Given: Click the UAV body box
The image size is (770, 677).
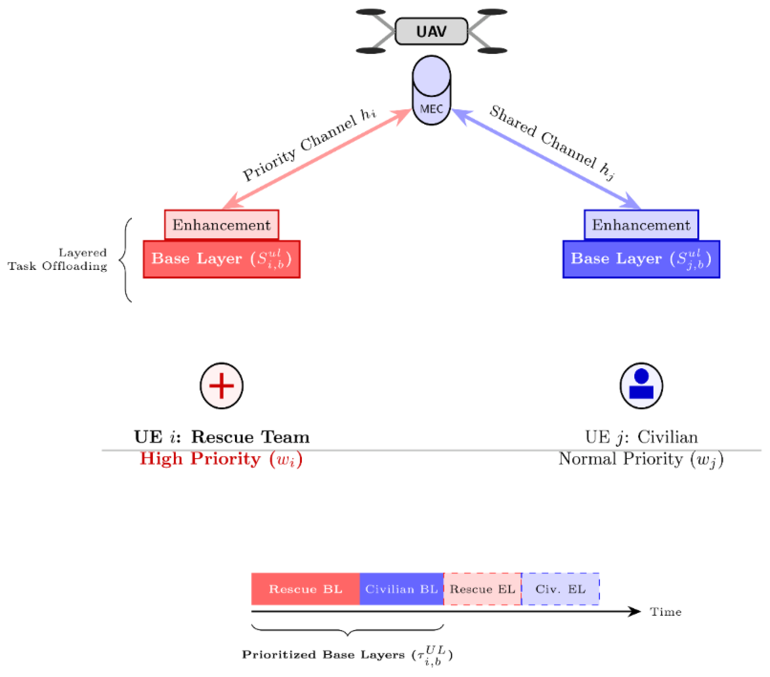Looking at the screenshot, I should [431, 31].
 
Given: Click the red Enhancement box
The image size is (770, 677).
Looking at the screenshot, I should [222, 225].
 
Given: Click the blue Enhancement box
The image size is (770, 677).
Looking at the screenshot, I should [641, 225].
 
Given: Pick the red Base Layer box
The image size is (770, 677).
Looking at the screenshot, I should [222, 259].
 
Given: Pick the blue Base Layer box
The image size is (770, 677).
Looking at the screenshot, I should [641, 259].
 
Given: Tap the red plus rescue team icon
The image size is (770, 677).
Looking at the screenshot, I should [222, 385].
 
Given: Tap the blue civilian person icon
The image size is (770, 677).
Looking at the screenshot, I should [641, 385].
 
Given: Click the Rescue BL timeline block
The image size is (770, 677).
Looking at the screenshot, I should [305, 589].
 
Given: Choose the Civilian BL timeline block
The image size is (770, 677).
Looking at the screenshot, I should [401, 589].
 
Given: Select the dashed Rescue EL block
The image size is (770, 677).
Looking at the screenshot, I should [482, 589].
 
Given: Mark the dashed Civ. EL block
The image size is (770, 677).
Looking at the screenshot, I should [561, 589].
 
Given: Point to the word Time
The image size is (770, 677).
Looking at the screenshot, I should [666, 612].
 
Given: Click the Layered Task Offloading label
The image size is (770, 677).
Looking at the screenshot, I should [57, 259].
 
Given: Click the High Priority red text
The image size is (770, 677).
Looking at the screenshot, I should [221, 459].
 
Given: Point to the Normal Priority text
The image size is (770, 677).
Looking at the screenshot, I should [641, 459].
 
